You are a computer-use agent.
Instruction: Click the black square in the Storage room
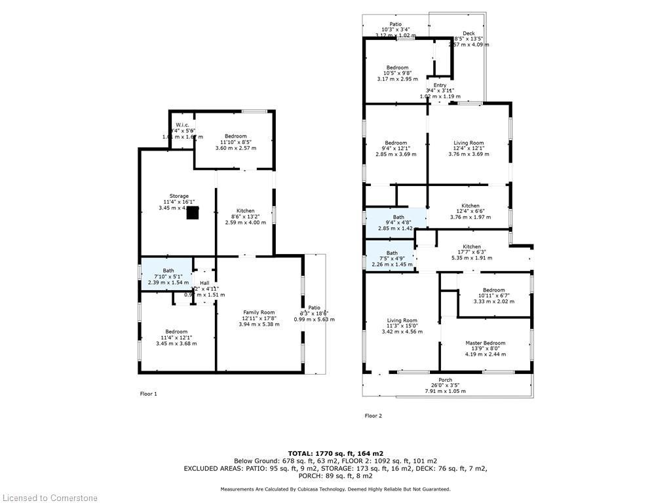coord(192,213)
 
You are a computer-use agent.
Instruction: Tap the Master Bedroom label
coord(485,343)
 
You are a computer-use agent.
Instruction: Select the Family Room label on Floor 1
coord(258,312)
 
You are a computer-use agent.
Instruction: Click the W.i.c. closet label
coord(182,125)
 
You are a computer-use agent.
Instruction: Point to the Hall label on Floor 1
coord(204,283)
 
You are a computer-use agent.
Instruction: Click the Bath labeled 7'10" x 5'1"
coord(168,270)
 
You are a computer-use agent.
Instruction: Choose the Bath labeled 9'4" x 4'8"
coord(398,217)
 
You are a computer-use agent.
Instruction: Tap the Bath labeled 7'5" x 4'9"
coord(392,253)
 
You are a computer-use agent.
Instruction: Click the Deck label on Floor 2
coord(468,33)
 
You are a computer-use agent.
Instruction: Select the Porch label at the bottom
coord(445,380)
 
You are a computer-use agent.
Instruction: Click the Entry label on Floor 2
coord(440,85)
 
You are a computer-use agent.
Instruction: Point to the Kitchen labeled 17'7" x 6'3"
coord(471,247)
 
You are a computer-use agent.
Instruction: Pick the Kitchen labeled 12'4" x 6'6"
coord(470,206)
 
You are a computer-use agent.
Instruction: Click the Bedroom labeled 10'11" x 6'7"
coord(493,290)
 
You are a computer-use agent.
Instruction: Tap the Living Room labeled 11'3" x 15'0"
coord(402,320)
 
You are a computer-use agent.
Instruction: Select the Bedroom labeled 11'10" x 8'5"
coord(235,136)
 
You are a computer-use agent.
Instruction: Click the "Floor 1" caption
coord(149,394)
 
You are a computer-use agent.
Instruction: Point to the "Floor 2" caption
coord(373,416)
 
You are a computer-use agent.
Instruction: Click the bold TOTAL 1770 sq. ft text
coord(335,453)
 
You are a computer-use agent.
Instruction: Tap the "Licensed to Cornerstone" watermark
coord(50,498)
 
